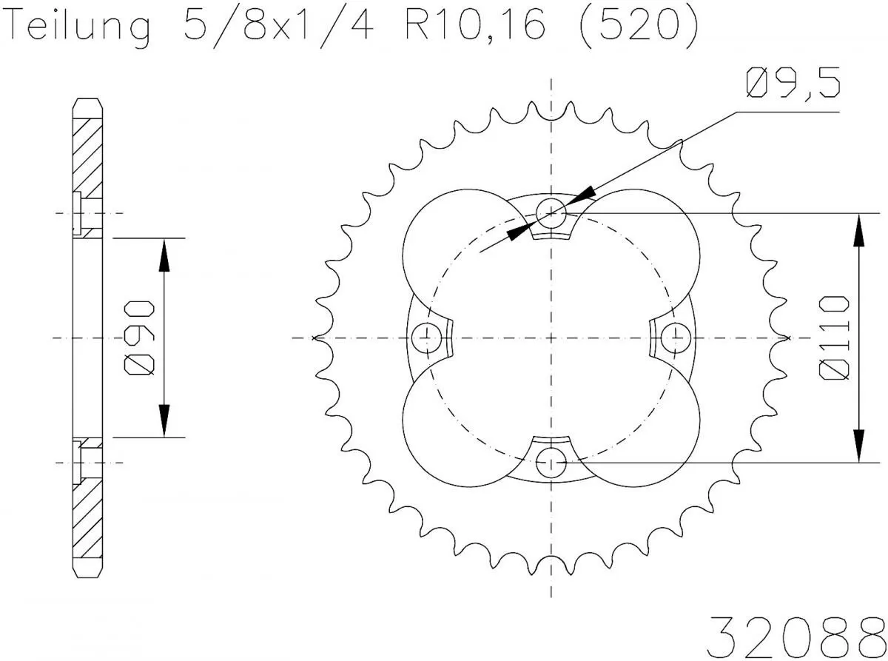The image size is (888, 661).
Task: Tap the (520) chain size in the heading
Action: [x=636, y=27]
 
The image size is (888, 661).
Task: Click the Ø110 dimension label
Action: [x=834, y=338]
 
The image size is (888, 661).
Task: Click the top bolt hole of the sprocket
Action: [x=551, y=212]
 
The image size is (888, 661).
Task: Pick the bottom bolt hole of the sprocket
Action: [x=551, y=463]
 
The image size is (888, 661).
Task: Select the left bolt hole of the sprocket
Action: [x=426, y=338]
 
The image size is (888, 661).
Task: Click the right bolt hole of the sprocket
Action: [x=676, y=338]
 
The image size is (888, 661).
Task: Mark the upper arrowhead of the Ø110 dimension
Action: [x=858, y=229]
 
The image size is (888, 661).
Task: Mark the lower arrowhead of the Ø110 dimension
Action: [x=858, y=446]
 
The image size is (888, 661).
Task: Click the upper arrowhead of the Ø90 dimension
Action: [x=164, y=255]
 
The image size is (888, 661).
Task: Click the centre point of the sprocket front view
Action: [x=551, y=338]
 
